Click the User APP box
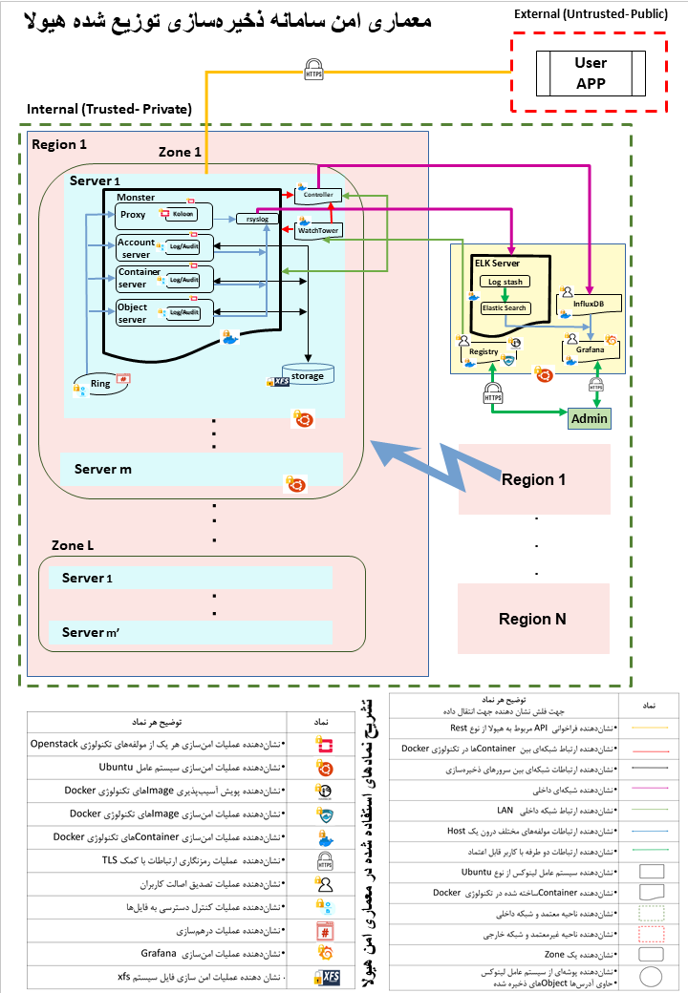591,73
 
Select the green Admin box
588,418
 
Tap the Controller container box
318,195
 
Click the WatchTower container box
318,230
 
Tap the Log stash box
505,282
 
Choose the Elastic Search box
504,307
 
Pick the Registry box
484,350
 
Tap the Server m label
103,469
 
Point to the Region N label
533,619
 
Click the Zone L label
73,544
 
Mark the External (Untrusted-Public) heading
591,13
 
